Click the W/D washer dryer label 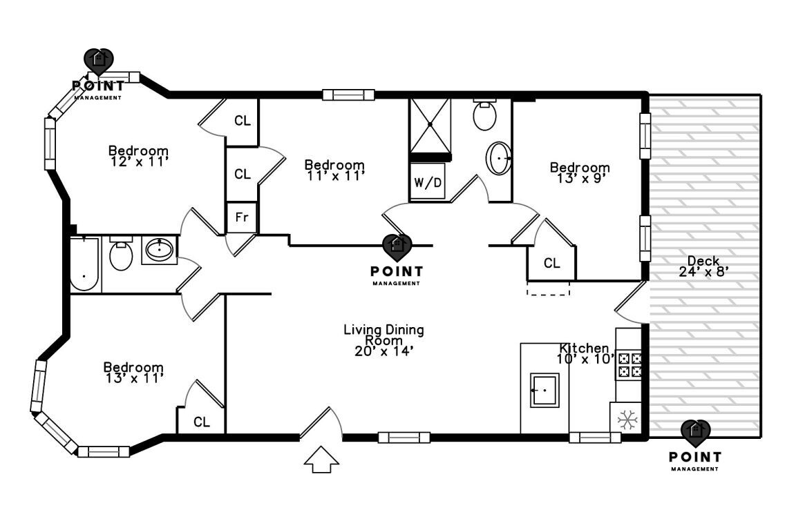[428, 183]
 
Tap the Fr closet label [242, 217]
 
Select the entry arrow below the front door [322, 460]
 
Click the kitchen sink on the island [544, 390]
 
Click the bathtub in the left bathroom [84, 264]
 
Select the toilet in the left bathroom [121, 255]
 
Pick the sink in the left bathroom [160, 250]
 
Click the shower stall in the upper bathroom [430, 124]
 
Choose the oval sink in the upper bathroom [499, 159]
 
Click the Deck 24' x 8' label [704, 266]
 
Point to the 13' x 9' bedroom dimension [579, 178]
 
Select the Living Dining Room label [383, 335]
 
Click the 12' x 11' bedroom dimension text [138, 161]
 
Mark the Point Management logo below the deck [695, 445]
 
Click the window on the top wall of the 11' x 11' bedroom [348, 95]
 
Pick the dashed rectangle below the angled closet [549, 288]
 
